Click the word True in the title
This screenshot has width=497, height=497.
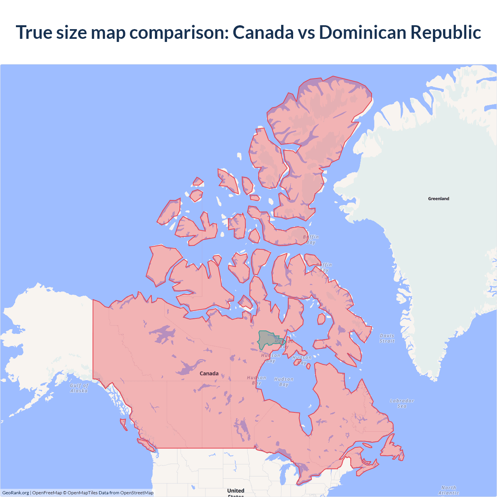(x=34, y=32)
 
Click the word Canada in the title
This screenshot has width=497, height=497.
(x=263, y=32)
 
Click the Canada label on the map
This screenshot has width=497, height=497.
(x=209, y=374)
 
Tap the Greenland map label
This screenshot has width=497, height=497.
(x=438, y=199)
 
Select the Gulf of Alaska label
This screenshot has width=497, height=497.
(x=79, y=388)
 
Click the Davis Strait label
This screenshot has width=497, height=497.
(x=387, y=338)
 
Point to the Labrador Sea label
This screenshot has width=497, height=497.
(x=402, y=403)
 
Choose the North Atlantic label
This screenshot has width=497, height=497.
(x=449, y=490)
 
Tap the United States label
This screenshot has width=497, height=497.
(x=236, y=492)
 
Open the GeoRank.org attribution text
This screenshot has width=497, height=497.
(x=16, y=493)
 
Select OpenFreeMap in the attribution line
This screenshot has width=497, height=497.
(x=47, y=493)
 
